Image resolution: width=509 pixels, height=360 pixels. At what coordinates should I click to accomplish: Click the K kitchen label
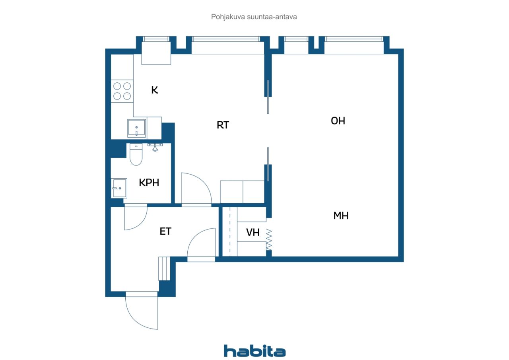pyautogui.click(x=155, y=90)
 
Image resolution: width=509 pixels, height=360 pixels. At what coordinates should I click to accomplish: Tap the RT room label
pyautogui.click(x=223, y=125)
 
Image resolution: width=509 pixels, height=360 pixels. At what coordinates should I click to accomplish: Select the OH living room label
pyautogui.click(x=338, y=121)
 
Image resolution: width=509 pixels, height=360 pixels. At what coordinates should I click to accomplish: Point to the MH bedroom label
pyautogui.click(x=341, y=216)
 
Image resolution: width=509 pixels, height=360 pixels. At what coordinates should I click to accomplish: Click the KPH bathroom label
pyautogui.click(x=149, y=183)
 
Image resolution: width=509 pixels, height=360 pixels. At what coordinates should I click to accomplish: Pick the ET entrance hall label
pyautogui.click(x=165, y=232)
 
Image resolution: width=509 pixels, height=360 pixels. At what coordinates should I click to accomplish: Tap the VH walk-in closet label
pyautogui.click(x=253, y=232)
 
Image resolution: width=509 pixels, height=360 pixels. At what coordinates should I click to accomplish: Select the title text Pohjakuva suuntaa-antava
pyautogui.click(x=254, y=17)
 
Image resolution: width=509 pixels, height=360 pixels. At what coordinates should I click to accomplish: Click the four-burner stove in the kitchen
pyautogui.click(x=122, y=91)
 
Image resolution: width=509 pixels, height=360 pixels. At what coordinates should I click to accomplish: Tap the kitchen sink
pyautogui.click(x=136, y=128)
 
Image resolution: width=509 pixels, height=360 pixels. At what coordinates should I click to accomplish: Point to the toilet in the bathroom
pyautogui.click(x=136, y=155)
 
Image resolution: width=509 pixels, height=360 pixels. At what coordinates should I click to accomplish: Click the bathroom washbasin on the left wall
pyautogui.click(x=119, y=188)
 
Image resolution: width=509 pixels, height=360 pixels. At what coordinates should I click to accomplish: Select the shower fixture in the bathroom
pyautogui.click(x=155, y=147)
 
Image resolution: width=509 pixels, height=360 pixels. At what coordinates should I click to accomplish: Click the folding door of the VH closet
pyautogui.click(x=269, y=239)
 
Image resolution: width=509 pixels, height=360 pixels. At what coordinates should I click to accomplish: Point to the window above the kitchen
pyautogui.click(x=156, y=39)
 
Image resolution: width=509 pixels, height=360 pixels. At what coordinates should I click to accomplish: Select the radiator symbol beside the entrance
pyautogui.click(x=164, y=269)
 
